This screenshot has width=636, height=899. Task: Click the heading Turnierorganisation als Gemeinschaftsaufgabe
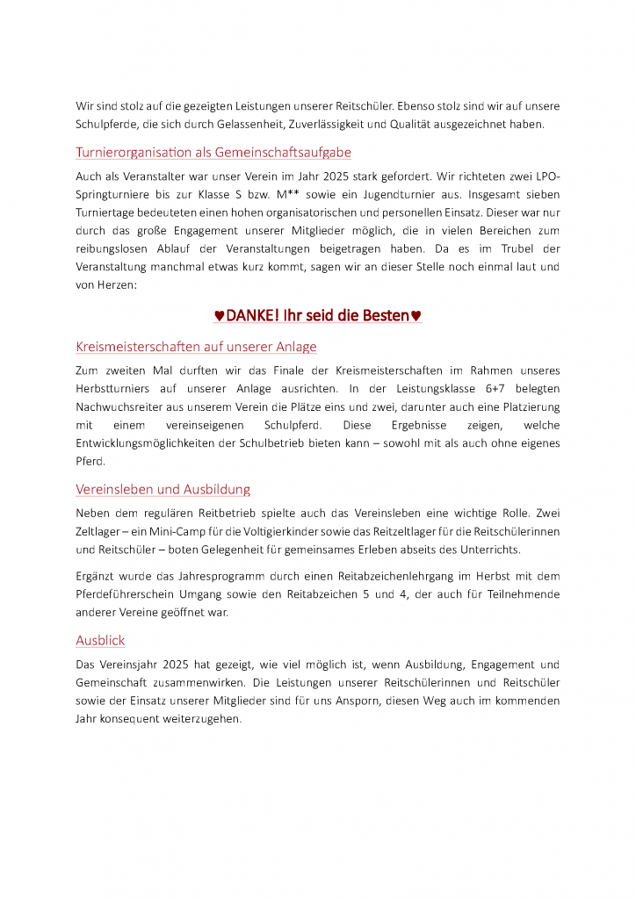point(213,153)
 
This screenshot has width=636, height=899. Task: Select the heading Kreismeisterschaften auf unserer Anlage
point(196,346)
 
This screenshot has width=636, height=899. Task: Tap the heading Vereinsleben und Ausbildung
point(163,489)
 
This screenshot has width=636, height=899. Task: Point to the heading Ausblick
point(101,640)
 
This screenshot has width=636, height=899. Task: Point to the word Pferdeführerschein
point(127,594)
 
